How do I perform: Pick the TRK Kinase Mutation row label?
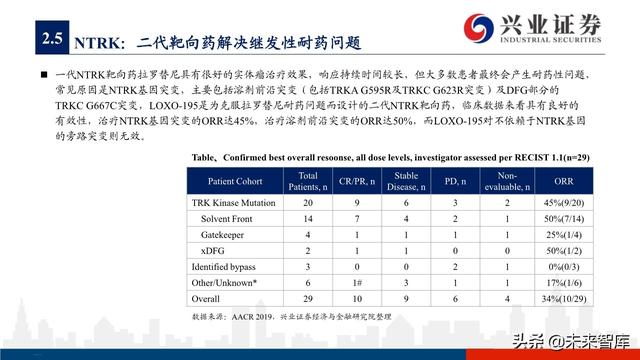233,204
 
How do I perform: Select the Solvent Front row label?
229,218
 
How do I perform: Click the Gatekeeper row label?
224,233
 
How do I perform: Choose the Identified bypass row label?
226,267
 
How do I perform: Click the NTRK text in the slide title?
97,43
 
